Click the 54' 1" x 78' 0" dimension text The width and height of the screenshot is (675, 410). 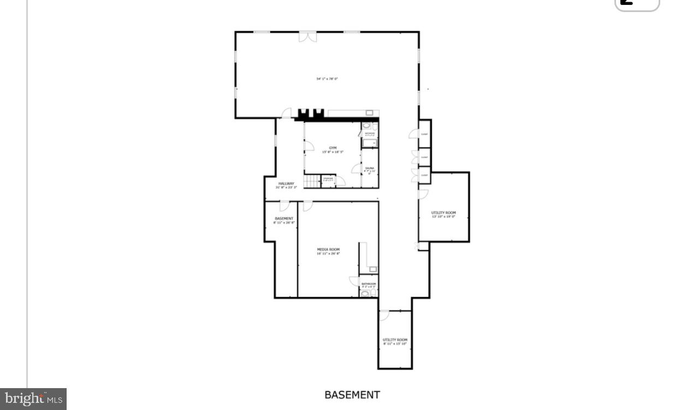[327, 79]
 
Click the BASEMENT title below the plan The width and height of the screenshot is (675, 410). [352, 395]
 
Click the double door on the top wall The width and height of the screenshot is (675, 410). [307, 37]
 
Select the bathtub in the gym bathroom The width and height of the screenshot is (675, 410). [370, 144]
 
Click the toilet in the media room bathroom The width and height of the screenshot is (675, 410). [365, 294]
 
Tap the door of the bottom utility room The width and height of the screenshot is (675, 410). [384, 315]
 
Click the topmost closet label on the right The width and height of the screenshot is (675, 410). [424, 134]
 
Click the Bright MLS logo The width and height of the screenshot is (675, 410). [33, 399]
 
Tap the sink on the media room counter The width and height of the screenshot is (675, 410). [373, 269]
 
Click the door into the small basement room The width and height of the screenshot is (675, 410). [284, 206]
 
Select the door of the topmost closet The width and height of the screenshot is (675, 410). [414, 133]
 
